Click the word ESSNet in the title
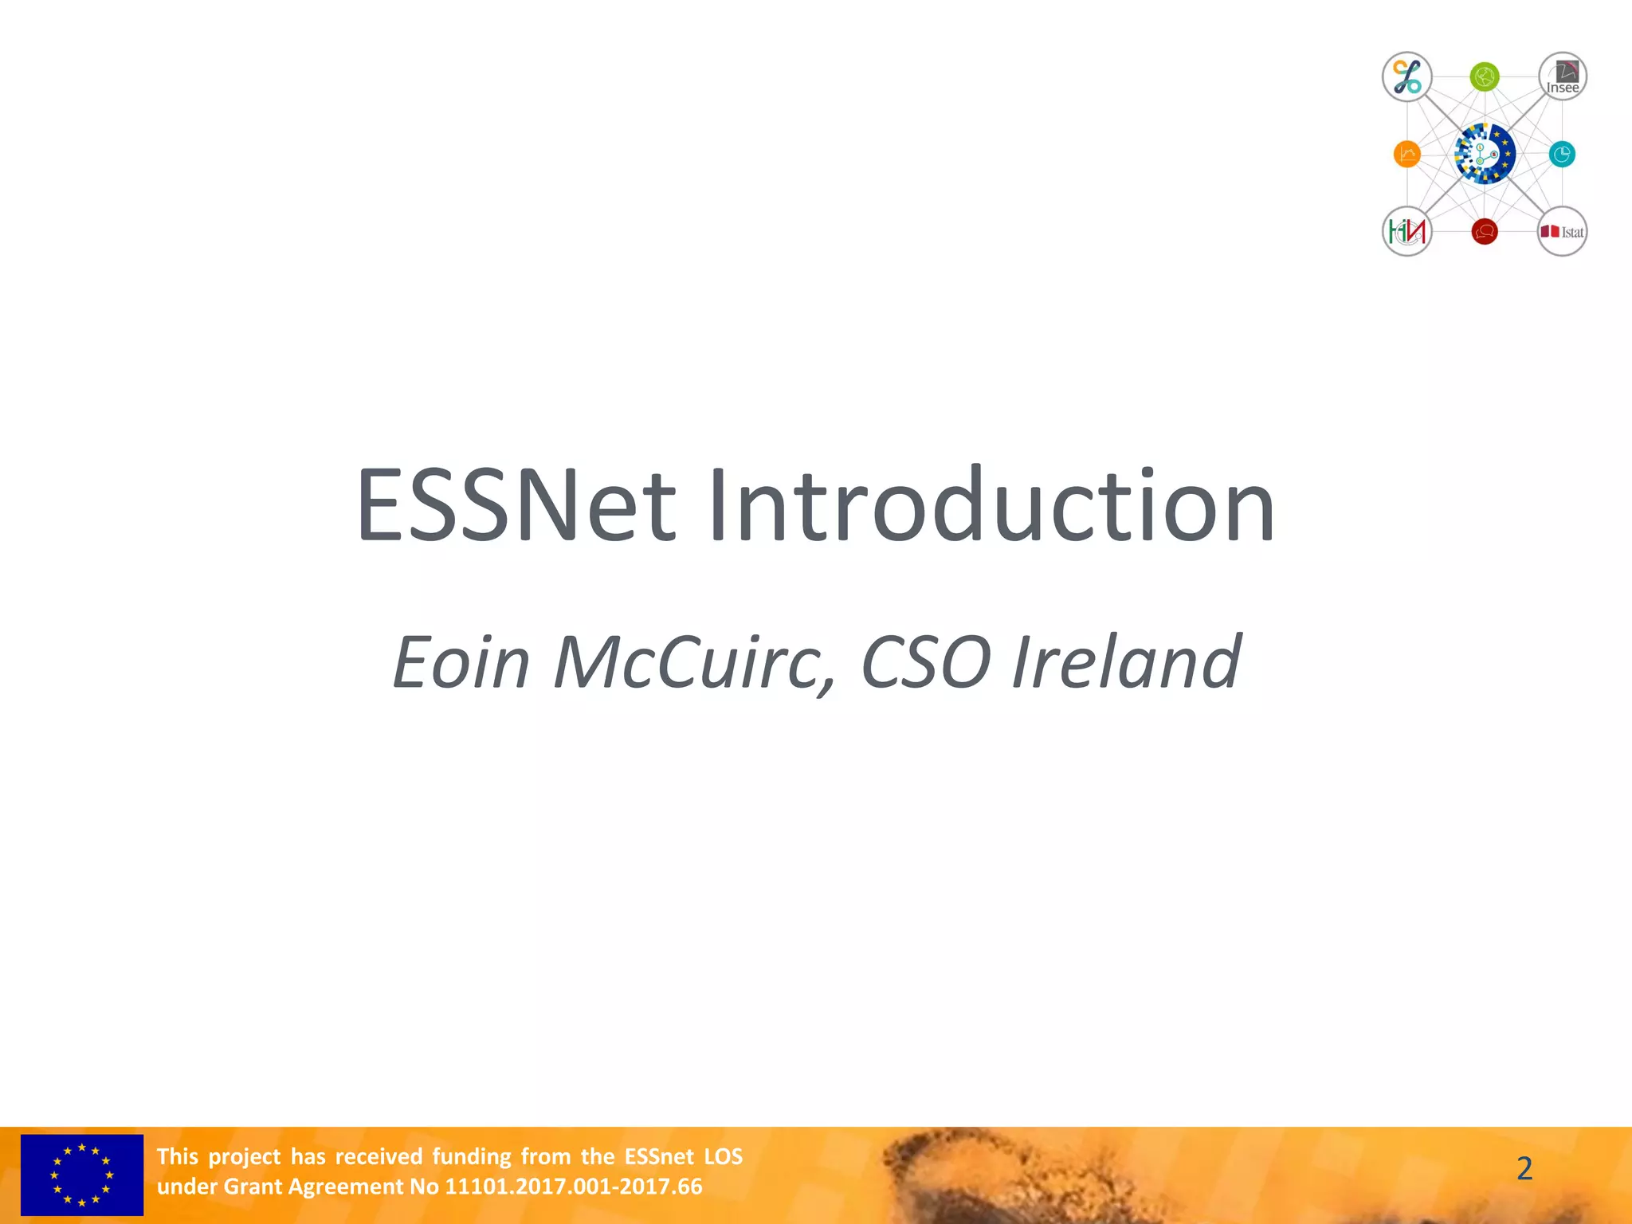point(516,507)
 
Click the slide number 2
point(1524,1168)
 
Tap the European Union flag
point(82,1175)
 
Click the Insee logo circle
point(1562,77)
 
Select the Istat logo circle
point(1562,232)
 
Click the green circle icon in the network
point(1485,77)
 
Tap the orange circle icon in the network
point(1407,154)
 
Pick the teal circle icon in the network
point(1562,154)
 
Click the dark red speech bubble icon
point(1485,232)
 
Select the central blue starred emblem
point(1485,154)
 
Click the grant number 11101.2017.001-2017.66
point(573,1187)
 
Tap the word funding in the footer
point(471,1156)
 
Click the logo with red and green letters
point(1407,232)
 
